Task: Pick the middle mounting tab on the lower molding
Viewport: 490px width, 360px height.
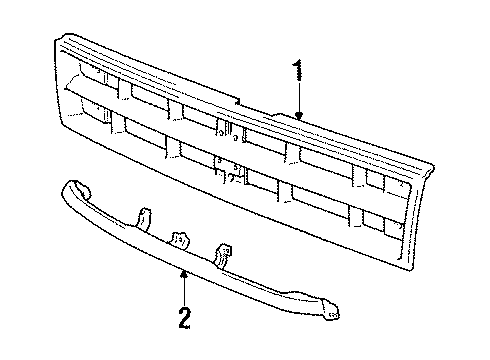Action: coord(180,240)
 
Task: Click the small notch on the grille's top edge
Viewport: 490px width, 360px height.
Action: coord(238,101)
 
